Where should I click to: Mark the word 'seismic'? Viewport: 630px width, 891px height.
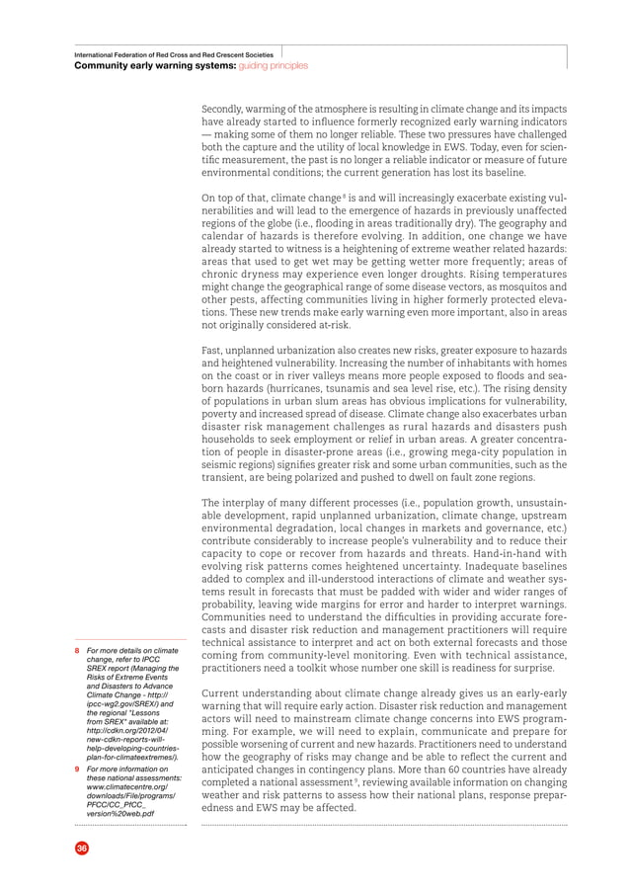coord(220,464)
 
